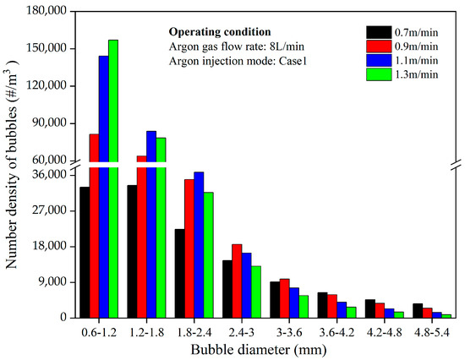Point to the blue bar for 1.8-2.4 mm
[199, 244]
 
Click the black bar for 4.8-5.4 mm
[418, 310]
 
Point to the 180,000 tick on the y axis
[45, 12]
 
